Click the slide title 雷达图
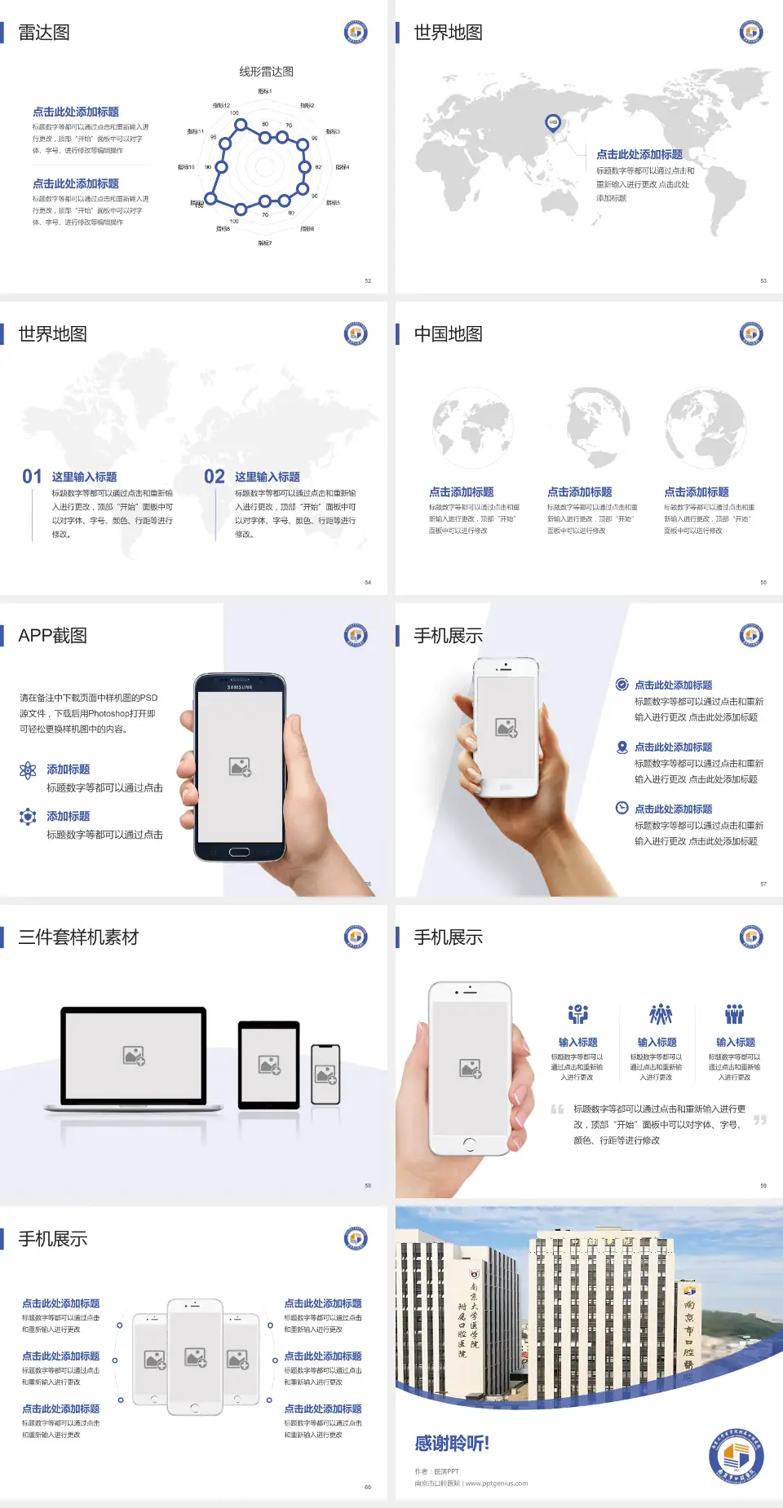44,33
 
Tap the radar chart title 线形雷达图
266,72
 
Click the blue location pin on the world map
552,123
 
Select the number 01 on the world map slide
32,476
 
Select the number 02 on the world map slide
214,476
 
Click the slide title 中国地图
448,334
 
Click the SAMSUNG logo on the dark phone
240,687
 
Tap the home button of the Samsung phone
239,852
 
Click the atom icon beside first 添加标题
28,770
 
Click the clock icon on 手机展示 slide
622,808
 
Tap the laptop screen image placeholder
134,1056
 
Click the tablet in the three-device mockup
269,1064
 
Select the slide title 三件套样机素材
78,937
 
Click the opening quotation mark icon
557,1109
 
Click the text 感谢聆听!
451,1444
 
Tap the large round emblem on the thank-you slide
736,1457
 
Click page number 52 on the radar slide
368,280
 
